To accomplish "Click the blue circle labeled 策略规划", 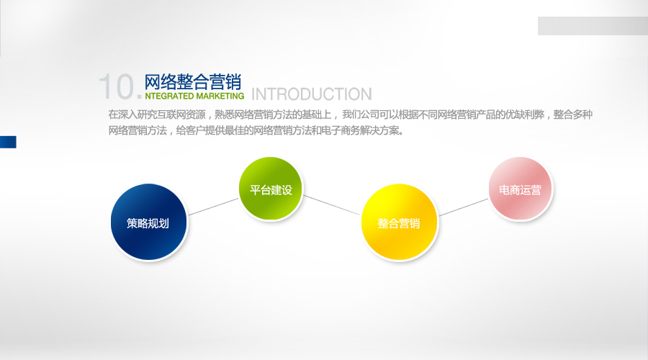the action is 149,222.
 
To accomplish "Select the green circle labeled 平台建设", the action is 271,189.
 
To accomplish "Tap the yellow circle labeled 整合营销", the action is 399,222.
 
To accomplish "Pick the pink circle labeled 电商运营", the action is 521,189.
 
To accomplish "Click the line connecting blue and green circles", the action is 213,207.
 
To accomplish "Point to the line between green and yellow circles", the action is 332,205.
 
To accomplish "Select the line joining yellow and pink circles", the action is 464,207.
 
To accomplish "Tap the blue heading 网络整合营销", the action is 192,82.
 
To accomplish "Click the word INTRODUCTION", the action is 312,94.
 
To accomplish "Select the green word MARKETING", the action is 220,96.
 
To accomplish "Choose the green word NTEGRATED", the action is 169,96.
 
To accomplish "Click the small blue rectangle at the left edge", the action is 8,142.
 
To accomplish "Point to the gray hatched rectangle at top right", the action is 593,26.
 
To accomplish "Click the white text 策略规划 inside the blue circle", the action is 148,223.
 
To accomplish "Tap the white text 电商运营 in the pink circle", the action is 520,189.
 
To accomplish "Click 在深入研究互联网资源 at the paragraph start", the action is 157,114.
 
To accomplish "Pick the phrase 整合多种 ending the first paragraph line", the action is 573,114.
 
